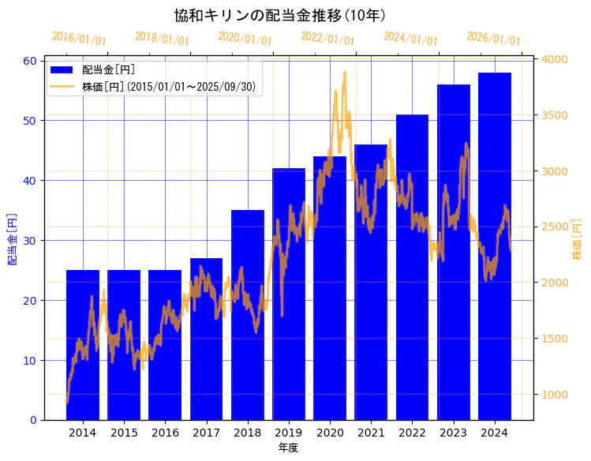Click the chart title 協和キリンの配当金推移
[280, 16]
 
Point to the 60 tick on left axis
[30, 61]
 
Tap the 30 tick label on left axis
[30, 241]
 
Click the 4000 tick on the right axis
[555, 59]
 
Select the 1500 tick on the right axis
[555, 339]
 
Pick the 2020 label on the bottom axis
[330, 433]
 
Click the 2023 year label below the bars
[454, 433]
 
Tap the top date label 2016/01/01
[79, 39]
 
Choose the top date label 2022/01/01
[327, 39]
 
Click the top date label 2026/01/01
[493, 39]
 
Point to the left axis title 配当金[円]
[12, 238]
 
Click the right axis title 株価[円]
[577, 240]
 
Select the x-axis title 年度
[288, 448]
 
